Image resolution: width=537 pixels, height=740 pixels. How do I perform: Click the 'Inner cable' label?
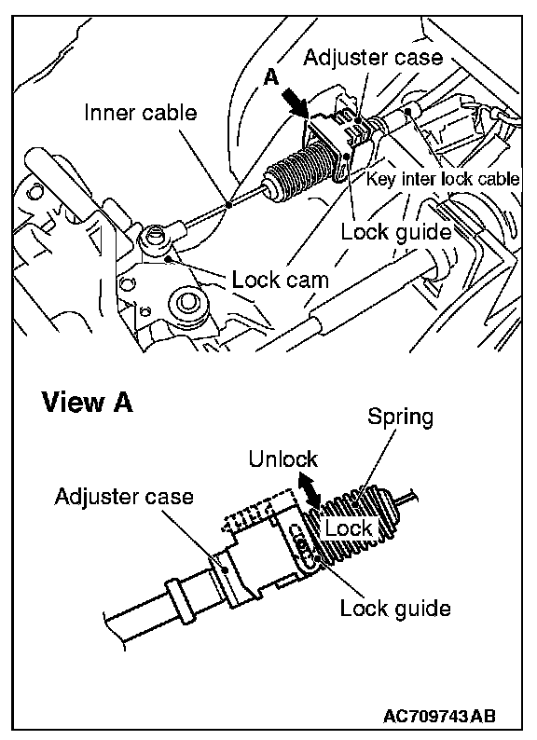(x=140, y=113)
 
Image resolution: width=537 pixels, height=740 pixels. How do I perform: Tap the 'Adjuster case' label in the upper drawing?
(x=373, y=57)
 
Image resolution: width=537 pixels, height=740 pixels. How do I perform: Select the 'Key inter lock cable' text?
(x=443, y=179)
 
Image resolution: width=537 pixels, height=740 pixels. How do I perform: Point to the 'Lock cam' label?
(x=280, y=281)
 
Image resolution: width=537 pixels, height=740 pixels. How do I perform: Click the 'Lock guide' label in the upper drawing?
(x=396, y=232)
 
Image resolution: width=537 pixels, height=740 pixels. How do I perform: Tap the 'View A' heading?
(x=88, y=403)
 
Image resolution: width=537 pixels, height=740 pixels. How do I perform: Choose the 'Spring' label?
(x=400, y=418)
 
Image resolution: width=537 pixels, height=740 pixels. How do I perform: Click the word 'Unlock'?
(x=282, y=459)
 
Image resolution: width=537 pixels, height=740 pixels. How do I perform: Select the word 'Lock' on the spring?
(x=349, y=528)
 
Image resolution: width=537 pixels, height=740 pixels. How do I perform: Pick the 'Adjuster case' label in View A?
(x=124, y=497)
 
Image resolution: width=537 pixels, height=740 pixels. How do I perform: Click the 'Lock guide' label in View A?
(x=395, y=609)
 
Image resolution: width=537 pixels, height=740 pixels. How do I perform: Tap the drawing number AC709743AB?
(x=439, y=716)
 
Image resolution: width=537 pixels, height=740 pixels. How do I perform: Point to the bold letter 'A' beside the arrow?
(x=270, y=77)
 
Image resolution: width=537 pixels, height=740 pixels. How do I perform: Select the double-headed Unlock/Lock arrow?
(x=309, y=491)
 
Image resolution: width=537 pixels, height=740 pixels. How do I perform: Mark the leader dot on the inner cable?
(x=229, y=205)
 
